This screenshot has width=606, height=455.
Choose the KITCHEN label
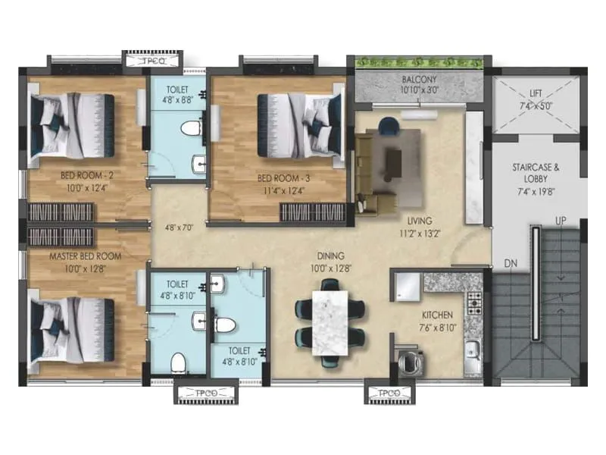coord(438,314)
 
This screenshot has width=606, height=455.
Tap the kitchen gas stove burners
coord(475,303)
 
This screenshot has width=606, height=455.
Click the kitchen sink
coord(473,350)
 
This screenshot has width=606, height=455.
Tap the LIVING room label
coord(418,221)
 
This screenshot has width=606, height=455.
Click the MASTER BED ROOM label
coord(86,256)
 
